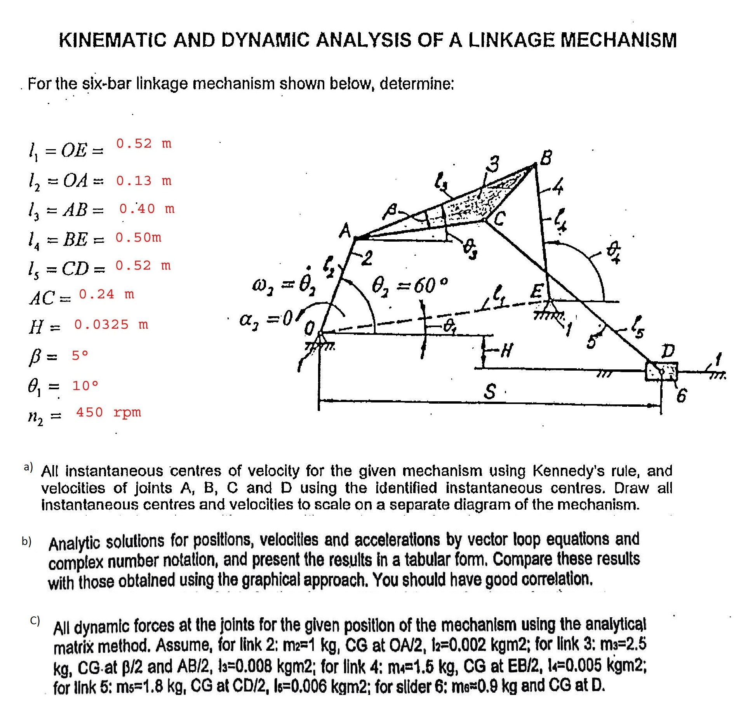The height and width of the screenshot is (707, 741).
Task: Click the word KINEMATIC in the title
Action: [112, 40]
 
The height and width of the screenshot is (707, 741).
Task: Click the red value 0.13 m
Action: [143, 181]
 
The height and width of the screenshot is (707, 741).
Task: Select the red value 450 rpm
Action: [108, 412]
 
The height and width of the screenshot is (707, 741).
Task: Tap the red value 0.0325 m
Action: [111, 324]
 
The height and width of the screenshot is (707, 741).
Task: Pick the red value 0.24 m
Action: [106, 294]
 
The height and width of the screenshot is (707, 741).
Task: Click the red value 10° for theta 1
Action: [85, 386]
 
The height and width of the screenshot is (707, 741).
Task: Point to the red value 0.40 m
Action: [146, 209]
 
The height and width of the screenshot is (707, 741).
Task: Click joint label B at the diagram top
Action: [546, 158]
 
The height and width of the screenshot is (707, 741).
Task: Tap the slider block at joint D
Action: [661, 371]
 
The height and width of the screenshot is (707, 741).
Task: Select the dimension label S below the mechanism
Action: [490, 392]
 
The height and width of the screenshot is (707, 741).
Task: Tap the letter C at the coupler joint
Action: [500, 218]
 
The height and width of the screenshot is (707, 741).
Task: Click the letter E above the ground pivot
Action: [538, 291]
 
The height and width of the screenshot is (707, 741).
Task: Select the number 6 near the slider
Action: [682, 396]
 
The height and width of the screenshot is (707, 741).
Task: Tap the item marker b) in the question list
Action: [26, 541]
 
